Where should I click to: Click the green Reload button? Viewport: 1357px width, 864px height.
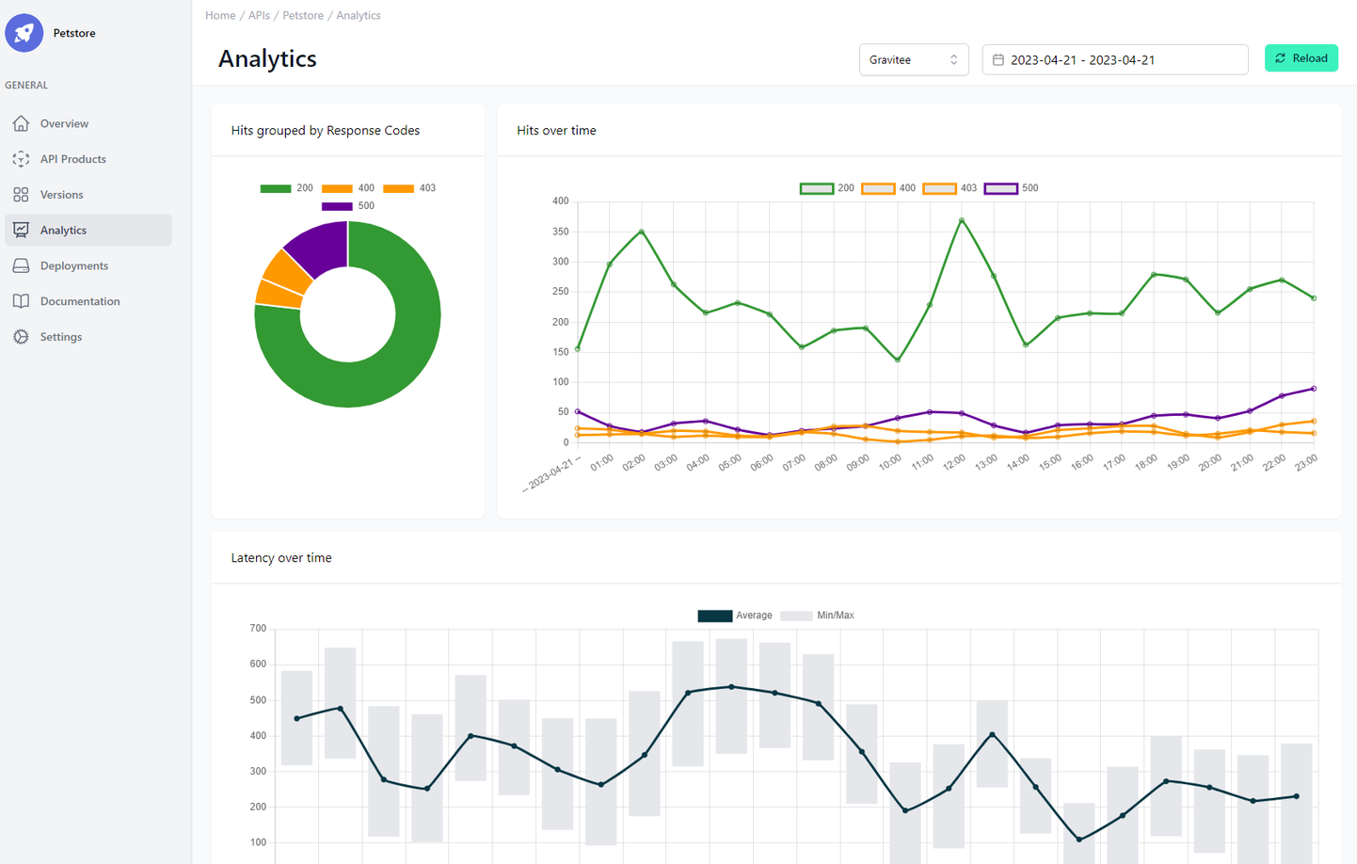tap(1301, 58)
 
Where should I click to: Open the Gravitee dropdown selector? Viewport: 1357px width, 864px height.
tap(913, 59)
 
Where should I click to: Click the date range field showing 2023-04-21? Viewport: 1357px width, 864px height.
tap(1114, 59)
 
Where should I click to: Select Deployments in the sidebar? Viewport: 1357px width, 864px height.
tap(73, 266)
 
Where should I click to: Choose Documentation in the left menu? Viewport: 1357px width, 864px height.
tap(79, 301)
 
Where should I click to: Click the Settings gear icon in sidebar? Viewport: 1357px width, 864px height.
tap(21, 337)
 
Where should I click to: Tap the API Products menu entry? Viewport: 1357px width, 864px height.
tap(72, 159)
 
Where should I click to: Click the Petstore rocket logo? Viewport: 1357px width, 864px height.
tap(24, 33)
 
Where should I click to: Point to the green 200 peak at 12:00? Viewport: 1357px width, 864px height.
tap(962, 220)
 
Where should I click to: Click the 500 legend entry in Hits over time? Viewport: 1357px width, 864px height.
tap(1012, 188)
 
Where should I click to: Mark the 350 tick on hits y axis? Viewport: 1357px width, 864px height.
tap(560, 232)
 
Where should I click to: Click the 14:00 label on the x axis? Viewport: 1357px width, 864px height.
tap(1017, 462)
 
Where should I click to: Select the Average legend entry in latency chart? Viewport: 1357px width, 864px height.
tap(735, 616)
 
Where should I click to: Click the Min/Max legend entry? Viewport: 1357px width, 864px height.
tap(817, 616)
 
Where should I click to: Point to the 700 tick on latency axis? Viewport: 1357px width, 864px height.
tap(258, 629)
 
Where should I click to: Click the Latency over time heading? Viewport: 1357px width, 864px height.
tap(281, 558)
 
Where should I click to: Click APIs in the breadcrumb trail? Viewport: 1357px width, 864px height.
tap(259, 15)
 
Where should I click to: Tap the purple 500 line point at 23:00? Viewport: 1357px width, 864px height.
tap(1314, 389)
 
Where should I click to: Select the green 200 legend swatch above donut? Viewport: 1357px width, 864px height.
tap(275, 188)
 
